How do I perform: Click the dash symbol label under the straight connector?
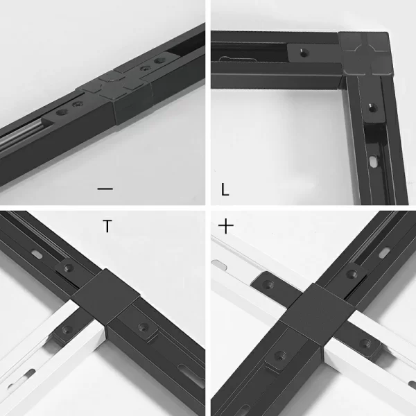105,189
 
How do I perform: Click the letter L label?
225,190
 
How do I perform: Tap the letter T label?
107,226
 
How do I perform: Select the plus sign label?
226,226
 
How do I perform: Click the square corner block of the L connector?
365,54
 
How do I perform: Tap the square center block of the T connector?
106,296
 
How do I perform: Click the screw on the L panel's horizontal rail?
303,53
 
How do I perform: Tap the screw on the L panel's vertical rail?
373,108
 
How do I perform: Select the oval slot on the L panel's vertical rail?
374,162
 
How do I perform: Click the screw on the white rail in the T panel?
67,330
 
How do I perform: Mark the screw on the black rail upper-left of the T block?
68,268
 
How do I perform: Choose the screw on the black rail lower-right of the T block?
144,327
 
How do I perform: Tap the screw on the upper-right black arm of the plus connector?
352,274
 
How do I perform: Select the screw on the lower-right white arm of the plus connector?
365,344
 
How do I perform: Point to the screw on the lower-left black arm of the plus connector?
280,355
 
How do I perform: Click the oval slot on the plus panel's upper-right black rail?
384,253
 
